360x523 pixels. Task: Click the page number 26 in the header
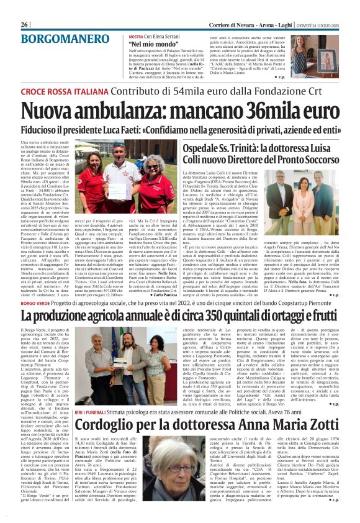tap(25, 6)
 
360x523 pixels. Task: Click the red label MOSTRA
tap(137, 37)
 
